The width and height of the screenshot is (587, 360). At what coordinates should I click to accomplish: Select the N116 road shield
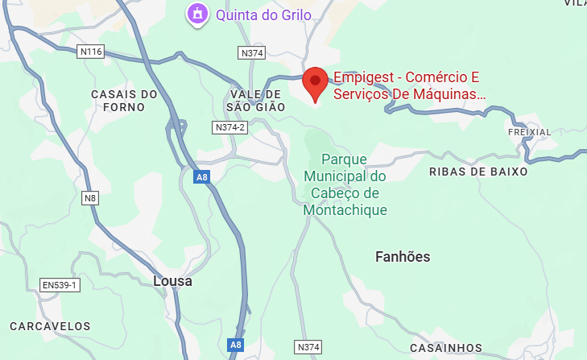[92, 52]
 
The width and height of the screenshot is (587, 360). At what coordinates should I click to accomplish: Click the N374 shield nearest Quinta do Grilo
[252, 53]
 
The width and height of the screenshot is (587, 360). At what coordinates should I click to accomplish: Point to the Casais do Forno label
[124, 101]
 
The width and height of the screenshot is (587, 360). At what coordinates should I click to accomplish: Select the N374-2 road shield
[229, 127]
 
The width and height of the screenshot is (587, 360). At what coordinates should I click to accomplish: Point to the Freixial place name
[530, 131]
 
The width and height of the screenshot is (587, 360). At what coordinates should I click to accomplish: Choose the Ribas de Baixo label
[478, 172]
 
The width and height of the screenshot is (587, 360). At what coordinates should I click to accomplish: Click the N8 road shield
[90, 197]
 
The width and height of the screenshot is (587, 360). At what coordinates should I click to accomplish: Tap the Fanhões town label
[403, 257]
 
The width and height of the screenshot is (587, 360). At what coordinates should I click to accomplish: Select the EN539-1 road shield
[60, 285]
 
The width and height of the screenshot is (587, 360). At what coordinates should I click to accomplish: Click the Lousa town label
[172, 282]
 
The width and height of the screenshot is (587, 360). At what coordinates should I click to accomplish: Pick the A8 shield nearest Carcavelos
[235, 345]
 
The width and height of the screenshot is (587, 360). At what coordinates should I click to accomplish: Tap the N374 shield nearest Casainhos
[308, 347]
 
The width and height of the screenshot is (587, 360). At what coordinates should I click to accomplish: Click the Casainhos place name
[446, 348]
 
